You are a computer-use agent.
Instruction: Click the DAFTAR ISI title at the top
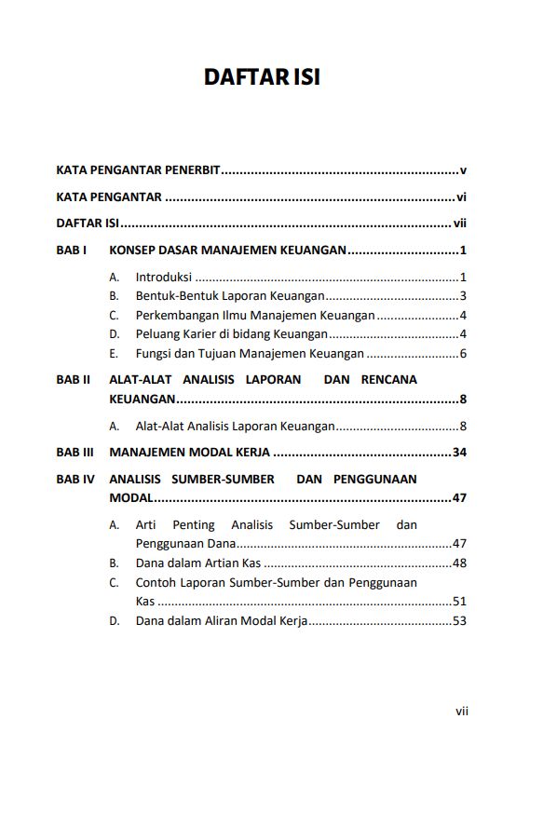262,77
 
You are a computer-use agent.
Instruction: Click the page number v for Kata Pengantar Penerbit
463,170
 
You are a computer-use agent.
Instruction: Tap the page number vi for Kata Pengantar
461,197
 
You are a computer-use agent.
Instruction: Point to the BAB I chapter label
72,251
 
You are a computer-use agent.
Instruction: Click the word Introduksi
163,277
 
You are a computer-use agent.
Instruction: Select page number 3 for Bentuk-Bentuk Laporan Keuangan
463,296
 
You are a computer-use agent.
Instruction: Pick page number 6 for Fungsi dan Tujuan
463,353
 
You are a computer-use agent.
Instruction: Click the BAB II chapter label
74,380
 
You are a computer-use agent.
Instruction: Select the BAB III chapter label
75,453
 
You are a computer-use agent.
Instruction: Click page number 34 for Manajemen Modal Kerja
459,453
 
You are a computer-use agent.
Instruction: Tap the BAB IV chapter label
75,480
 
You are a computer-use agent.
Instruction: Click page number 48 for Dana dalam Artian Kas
459,563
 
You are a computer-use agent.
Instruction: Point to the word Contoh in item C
156,582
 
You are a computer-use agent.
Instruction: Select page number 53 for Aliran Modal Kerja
459,620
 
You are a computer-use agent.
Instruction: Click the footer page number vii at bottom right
461,711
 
